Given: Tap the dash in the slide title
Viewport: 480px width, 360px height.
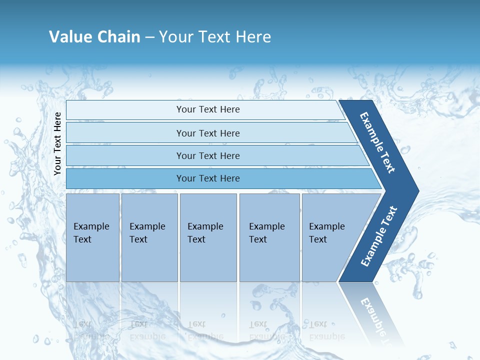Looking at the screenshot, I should (149, 37).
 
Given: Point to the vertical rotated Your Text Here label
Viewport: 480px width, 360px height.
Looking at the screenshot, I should (57, 143).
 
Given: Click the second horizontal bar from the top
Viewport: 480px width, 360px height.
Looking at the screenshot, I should (208, 133).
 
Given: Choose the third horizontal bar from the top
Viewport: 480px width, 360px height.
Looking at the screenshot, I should (208, 155).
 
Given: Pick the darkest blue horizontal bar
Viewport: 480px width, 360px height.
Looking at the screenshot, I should (208, 178).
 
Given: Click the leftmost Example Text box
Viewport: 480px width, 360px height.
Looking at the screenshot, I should (92, 237).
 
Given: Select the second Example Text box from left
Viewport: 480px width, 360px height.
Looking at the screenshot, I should (149, 237).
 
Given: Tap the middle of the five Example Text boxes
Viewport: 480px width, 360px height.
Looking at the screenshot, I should (208, 237).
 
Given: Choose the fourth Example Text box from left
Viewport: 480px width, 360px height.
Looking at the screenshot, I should (269, 237).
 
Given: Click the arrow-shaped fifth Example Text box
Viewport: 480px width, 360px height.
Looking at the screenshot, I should (330, 237).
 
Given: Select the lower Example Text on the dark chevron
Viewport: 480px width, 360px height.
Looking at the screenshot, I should (379, 236).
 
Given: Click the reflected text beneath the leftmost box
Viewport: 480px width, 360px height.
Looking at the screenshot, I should (91, 330).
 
